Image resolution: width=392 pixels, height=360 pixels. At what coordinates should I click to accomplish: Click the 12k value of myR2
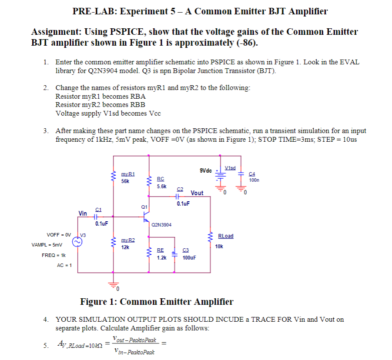[125, 247]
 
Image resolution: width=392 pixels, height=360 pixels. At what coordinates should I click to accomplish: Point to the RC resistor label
[161, 179]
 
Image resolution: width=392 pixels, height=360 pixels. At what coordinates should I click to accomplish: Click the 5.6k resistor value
[161, 186]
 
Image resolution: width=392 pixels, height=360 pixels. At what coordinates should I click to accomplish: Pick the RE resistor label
[161, 250]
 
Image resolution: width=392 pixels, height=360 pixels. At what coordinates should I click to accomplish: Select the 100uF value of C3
[189, 257]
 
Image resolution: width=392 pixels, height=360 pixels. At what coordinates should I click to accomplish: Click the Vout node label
[197, 193]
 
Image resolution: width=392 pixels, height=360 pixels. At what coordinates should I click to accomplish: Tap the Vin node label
[83, 213]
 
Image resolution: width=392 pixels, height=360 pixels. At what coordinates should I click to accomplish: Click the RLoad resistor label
[225, 236]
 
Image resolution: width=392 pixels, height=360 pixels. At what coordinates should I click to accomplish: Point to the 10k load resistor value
[219, 246]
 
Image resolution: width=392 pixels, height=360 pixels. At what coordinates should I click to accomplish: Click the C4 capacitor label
[251, 173]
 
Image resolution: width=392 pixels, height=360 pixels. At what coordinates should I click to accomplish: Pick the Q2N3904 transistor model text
[162, 225]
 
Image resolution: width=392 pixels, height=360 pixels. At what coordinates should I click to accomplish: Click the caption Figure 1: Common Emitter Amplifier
[157, 302]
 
